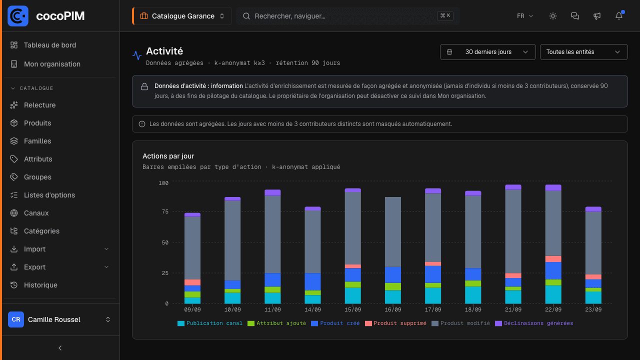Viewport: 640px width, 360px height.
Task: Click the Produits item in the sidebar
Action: pos(37,123)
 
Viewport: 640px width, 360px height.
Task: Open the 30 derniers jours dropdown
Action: pos(487,52)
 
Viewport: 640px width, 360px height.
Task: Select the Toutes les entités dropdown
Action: pos(583,52)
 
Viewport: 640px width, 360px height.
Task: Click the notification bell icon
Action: pos(619,16)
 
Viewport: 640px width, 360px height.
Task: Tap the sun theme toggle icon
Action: pos(553,16)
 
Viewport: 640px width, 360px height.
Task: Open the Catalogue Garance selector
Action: pos(182,16)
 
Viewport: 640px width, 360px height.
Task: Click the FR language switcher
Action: pos(524,16)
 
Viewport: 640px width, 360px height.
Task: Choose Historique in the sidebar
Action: pos(40,285)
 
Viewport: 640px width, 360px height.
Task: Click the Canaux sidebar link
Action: pos(36,213)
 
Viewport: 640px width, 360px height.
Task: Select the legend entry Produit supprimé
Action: pos(395,323)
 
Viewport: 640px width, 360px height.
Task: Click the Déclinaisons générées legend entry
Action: pos(534,323)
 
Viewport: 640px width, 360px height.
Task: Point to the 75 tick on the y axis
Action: pos(165,211)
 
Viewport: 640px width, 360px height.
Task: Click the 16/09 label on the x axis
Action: pos(393,309)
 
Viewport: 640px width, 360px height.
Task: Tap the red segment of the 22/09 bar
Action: pos(553,259)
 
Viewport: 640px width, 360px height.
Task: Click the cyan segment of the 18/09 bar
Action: pos(473,295)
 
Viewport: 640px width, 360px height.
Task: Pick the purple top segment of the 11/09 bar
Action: pos(272,192)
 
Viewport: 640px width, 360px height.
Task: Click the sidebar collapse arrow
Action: pos(60,348)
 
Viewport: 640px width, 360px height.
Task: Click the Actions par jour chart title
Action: pos(168,156)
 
